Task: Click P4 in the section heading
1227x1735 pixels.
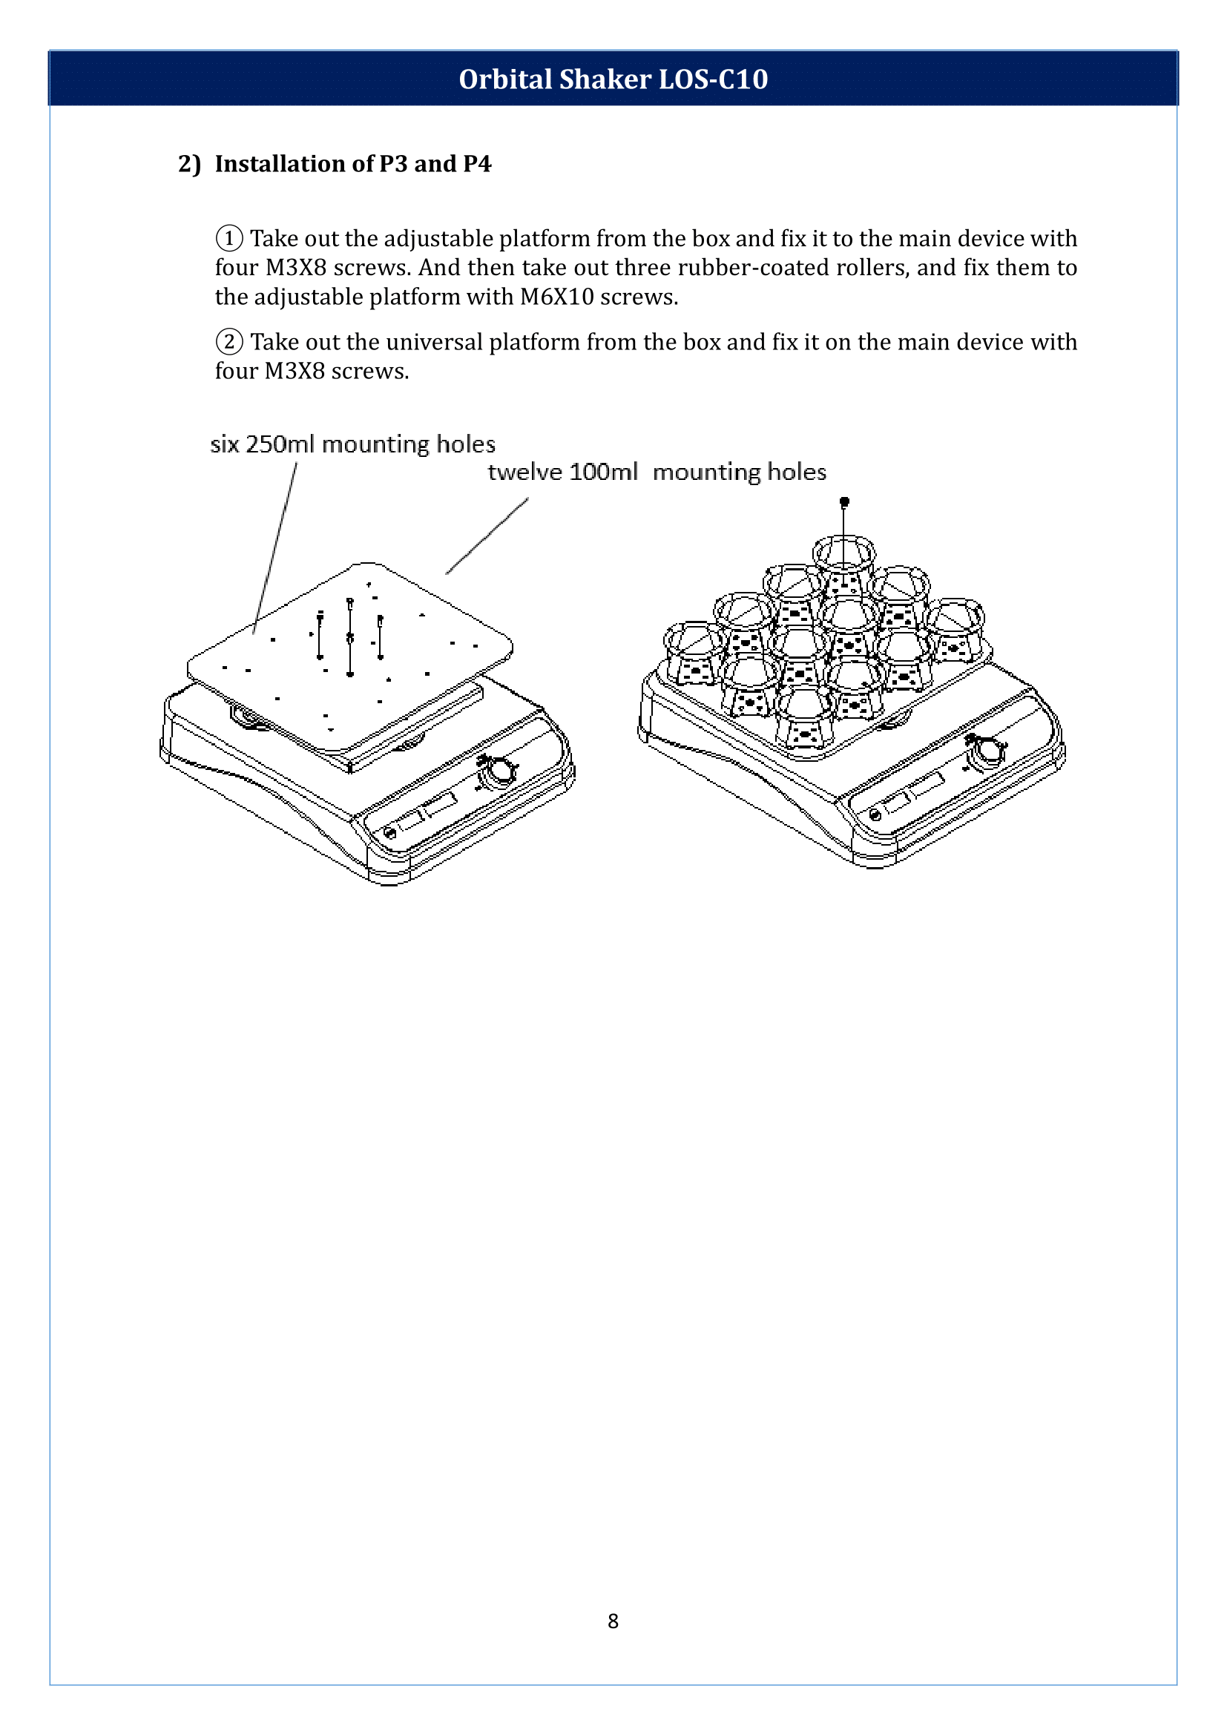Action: (x=477, y=164)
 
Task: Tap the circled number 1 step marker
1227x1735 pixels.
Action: (x=229, y=239)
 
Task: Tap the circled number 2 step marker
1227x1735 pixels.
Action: (x=229, y=342)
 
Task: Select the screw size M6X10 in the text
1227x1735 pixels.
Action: (x=557, y=297)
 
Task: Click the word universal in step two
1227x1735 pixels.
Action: (x=434, y=342)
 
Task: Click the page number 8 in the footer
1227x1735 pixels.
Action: (x=613, y=1621)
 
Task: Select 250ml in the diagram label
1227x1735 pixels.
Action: (x=280, y=444)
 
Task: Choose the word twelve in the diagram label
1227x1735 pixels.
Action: (x=524, y=473)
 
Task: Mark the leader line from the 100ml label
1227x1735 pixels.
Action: (x=487, y=536)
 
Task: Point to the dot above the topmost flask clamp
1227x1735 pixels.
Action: (x=845, y=501)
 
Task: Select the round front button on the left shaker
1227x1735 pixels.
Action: (x=390, y=833)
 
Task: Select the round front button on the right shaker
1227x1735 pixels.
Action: (x=875, y=814)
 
